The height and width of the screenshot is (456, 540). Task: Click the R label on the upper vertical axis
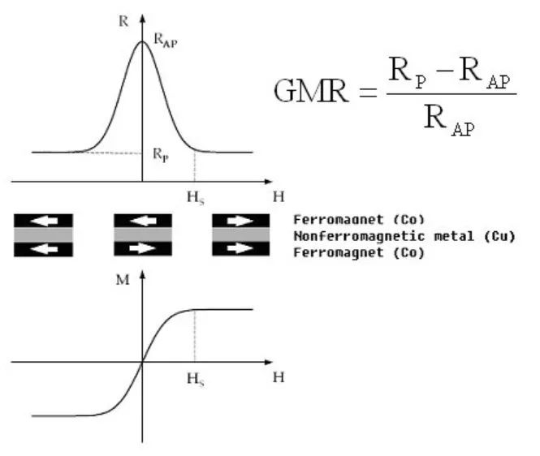[123, 21]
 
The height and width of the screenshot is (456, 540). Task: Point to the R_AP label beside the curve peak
[165, 40]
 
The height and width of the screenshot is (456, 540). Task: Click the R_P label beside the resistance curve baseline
[160, 153]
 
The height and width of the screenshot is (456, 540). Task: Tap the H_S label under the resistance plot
[194, 196]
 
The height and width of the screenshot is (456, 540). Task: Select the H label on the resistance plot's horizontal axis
[278, 196]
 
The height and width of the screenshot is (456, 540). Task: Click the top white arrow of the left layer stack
[43, 221]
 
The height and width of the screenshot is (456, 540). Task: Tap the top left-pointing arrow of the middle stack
[143, 221]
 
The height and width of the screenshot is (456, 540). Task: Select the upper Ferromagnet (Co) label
[359, 220]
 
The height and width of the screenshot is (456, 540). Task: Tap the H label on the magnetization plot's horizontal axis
[278, 377]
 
